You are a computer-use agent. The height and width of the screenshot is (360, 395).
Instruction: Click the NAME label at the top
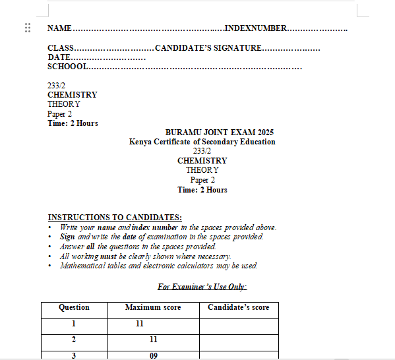59,28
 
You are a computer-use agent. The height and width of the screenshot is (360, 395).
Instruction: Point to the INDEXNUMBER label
256,28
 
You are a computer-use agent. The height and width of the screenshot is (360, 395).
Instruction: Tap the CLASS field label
61,48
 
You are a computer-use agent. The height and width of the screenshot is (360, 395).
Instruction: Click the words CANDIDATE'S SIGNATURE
208,48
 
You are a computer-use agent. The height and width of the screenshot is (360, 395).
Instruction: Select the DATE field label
59,57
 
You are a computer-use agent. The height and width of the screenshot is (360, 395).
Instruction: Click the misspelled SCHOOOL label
67,67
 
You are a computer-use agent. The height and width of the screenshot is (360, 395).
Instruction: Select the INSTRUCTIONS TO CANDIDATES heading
115,218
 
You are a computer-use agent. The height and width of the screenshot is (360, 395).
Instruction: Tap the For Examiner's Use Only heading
202,287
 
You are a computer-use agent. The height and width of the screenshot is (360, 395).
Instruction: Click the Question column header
74,307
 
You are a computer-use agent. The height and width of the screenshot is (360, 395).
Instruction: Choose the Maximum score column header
153,307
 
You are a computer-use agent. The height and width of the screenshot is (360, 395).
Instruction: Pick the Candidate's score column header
239,307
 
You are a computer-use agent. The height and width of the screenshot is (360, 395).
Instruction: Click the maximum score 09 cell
153,355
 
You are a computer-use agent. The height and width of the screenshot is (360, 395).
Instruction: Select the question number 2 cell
74,340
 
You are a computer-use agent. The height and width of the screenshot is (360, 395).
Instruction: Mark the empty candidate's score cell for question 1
239,324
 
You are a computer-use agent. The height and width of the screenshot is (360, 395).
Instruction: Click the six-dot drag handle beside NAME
28,28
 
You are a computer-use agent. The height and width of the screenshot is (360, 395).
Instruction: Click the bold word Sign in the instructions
67,237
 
